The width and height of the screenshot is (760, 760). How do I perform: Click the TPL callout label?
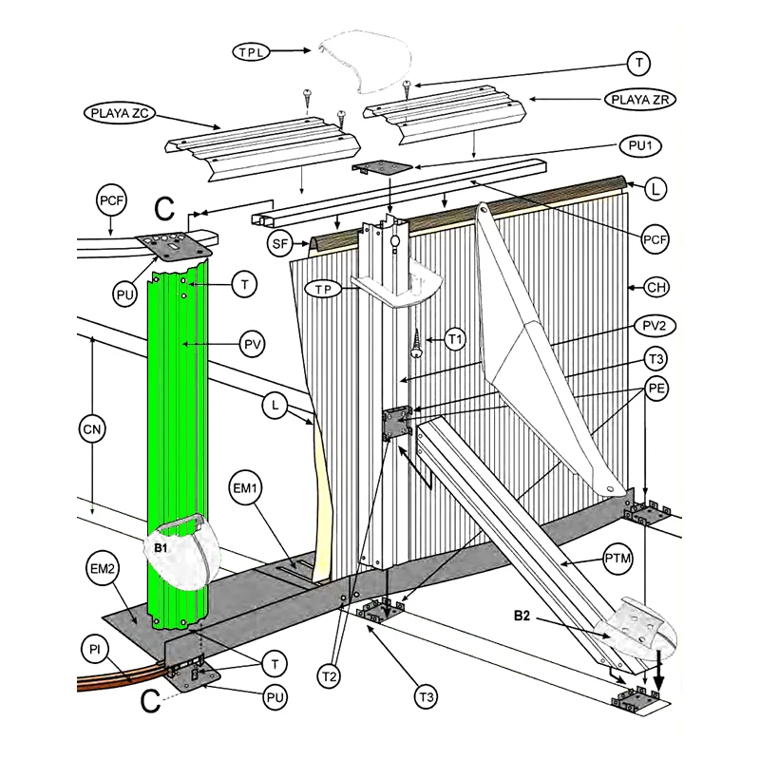click(251, 51)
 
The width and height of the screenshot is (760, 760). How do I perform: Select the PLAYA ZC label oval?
click(120, 113)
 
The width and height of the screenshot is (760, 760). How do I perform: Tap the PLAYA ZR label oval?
click(639, 100)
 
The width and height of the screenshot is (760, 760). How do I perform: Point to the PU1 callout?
click(640, 146)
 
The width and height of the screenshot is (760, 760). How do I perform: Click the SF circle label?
click(279, 243)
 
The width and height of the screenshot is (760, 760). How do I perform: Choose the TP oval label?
click(323, 290)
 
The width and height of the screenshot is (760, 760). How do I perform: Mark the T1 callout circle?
click(455, 339)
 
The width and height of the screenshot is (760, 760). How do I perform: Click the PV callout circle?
click(253, 345)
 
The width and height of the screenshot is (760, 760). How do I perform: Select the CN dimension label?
click(92, 429)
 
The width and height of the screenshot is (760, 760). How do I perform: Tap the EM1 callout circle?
click(245, 487)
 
